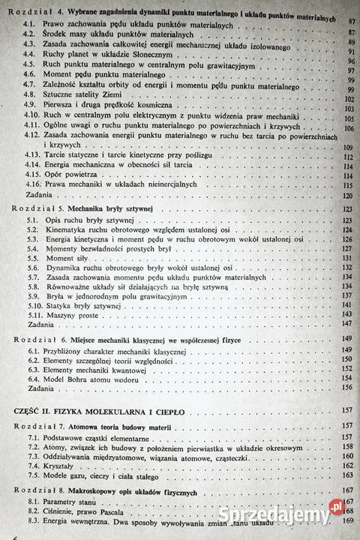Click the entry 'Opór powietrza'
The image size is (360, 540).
click(x=69, y=173)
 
